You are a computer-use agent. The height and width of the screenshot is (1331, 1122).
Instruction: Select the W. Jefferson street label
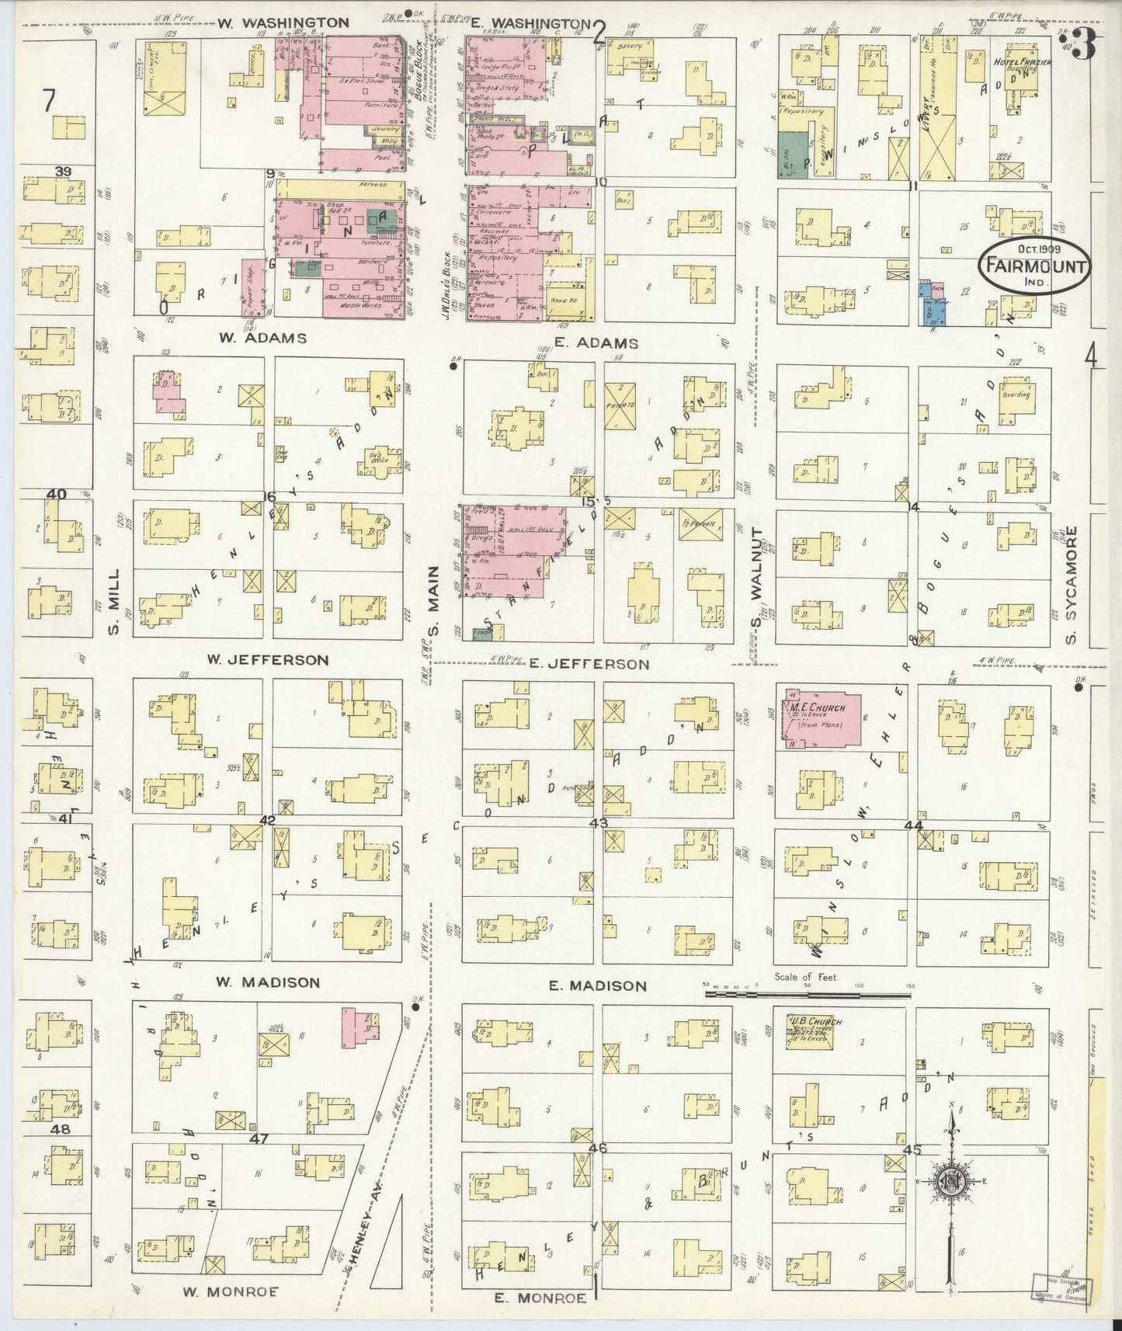tap(267, 660)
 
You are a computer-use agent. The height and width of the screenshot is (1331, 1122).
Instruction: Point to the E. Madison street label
tap(597, 985)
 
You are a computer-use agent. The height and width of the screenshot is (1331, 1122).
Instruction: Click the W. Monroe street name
tap(231, 1291)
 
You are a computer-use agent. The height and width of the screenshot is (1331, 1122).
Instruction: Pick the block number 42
tap(268, 820)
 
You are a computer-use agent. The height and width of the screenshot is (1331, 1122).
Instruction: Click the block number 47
tap(259, 1138)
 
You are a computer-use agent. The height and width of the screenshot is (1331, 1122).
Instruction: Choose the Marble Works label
tap(359, 306)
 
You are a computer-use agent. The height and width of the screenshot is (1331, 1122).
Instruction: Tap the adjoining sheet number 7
tap(50, 101)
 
